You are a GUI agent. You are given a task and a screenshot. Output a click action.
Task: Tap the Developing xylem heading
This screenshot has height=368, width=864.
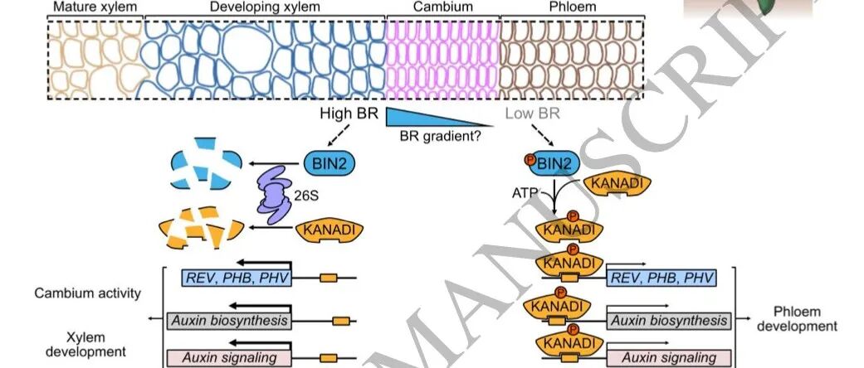tap(265, 7)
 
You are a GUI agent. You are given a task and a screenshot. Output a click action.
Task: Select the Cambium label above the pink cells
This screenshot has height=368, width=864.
tap(442, 7)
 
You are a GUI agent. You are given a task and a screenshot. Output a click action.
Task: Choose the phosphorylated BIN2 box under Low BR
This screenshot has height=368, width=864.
tap(549, 162)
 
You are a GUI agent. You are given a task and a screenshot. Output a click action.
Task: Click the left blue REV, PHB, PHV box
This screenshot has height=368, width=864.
tap(237, 278)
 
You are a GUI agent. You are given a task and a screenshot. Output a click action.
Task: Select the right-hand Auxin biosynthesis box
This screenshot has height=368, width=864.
tap(668, 320)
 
